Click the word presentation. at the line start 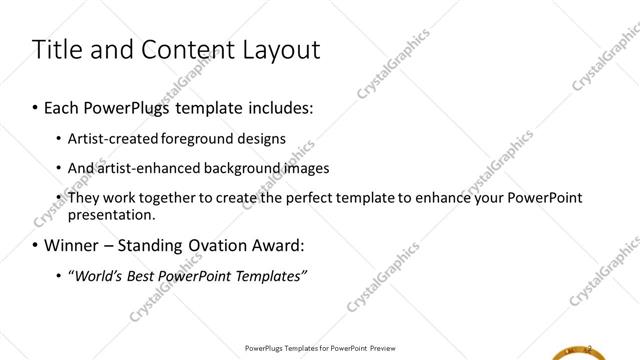pos(111,214)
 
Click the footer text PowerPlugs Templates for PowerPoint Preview pos(319,348)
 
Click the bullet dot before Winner pos(36,246)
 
